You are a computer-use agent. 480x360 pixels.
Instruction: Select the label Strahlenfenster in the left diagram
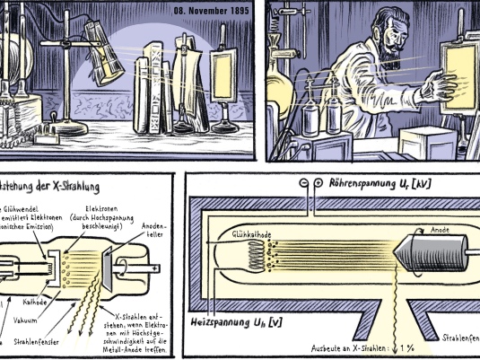pyautogui.click(x=36, y=342)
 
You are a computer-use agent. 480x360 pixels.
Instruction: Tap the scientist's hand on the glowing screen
pyautogui.click(x=442, y=88)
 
